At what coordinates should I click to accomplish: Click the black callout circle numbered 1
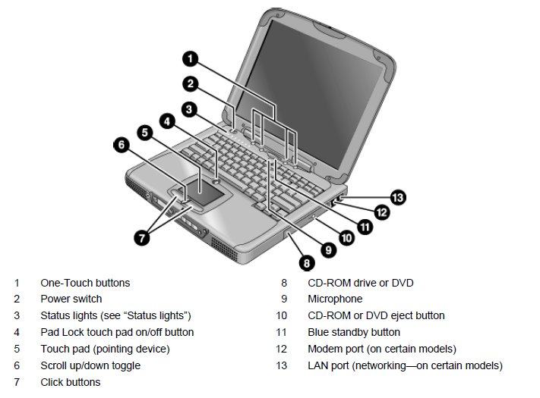[191, 58]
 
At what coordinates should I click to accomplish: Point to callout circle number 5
[145, 132]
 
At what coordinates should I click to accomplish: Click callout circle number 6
[121, 145]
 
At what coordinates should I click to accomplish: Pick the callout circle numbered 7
[142, 237]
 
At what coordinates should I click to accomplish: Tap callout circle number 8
[306, 263]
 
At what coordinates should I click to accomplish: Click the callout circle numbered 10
[346, 237]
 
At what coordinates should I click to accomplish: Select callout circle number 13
[398, 198]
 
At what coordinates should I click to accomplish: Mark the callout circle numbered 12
[381, 213]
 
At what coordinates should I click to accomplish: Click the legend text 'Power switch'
[71, 299]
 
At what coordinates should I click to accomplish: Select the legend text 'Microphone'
[335, 299]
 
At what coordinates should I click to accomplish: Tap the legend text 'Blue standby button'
[354, 332]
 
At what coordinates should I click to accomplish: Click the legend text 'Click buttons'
[70, 382]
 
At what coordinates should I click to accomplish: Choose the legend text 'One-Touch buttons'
[85, 283]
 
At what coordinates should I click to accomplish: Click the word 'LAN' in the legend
[318, 365]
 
